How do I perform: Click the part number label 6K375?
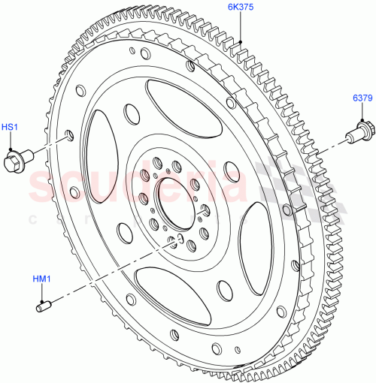click(243, 8)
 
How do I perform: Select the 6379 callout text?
click(362, 98)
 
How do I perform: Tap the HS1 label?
click(11, 128)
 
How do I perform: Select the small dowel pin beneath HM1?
click(43, 306)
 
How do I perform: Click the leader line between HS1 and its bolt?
click(12, 143)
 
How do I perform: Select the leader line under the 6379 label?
click(362, 113)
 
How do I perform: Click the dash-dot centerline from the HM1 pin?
click(113, 271)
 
